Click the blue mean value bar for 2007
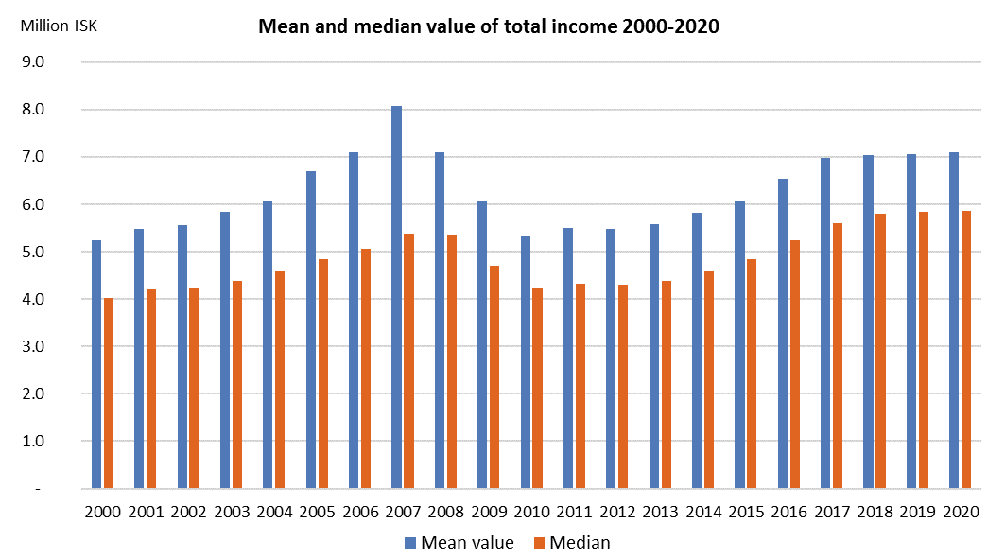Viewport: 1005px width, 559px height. coord(396,297)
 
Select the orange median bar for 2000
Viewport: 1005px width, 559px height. coord(109,393)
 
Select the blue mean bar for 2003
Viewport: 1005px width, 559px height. coord(225,350)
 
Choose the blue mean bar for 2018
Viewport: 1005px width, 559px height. coord(868,322)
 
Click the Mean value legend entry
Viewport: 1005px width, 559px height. coord(459,542)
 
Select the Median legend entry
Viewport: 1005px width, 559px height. coord(571,542)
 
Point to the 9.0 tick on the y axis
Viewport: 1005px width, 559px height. coord(45,62)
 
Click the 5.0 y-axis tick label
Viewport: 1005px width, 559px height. coord(45,252)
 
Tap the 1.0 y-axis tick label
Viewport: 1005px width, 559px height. coord(45,441)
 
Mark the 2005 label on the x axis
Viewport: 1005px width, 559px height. coord(317,512)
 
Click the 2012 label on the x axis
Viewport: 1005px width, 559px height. coord(616,512)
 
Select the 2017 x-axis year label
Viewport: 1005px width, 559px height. coord(831,512)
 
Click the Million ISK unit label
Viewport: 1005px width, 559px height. coord(59,26)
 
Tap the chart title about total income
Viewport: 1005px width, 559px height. coord(489,27)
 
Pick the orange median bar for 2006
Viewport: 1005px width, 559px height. coord(366,369)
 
